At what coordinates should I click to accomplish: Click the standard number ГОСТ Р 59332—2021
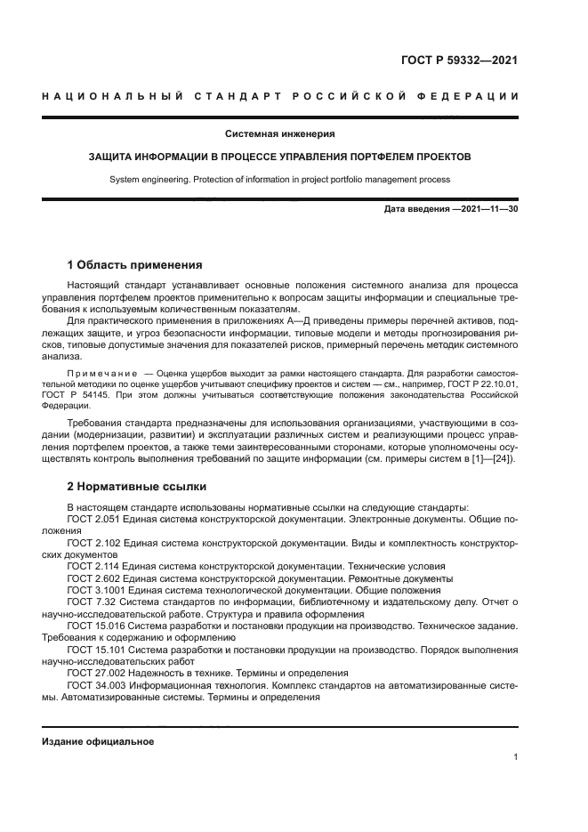tap(459, 61)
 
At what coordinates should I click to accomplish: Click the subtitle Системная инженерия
tap(279, 134)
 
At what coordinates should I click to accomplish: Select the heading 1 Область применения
tap(135, 264)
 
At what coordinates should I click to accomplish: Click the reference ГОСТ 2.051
tap(96, 518)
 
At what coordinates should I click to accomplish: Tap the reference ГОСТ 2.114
tap(96, 566)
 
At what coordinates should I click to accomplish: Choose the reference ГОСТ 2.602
tap(96, 578)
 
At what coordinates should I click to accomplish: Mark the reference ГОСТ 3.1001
tap(99, 590)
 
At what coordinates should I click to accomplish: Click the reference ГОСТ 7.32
tap(93, 602)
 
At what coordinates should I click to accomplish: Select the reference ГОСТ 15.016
tap(99, 626)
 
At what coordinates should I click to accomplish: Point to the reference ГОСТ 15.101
tap(99, 650)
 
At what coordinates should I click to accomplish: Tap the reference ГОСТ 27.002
tap(99, 674)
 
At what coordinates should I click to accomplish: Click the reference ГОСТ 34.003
tap(99, 686)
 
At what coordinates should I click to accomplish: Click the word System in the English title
tap(125, 180)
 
